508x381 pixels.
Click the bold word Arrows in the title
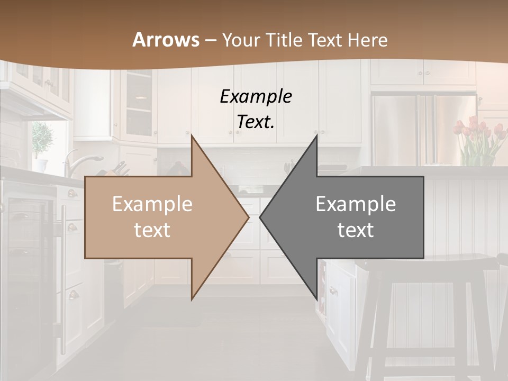tap(166, 40)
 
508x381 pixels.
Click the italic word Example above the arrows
tap(256, 96)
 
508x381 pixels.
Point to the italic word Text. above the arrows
tap(256, 122)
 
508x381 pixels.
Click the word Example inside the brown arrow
tap(152, 204)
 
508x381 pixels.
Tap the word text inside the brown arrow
tap(152, 230)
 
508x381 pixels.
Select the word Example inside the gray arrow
tap(356, 204)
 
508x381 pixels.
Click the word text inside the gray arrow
tap(356, 230)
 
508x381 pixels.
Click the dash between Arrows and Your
tap(211, 40)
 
